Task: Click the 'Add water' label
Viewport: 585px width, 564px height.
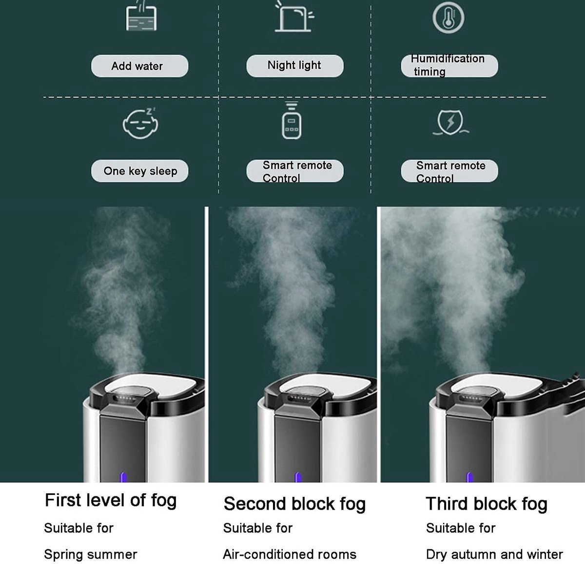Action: [137, 66]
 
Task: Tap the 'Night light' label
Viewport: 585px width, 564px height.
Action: [294, 65]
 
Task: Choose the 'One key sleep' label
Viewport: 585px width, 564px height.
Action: [140, 171]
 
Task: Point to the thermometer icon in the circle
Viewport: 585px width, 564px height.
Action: [448, 18]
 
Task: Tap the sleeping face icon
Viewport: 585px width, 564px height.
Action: [140, 123]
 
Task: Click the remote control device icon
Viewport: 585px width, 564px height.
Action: [292, 121]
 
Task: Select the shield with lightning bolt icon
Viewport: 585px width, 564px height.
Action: [450, 122]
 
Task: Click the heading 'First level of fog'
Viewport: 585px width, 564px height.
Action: [111, 501]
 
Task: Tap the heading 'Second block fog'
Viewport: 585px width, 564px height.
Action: [294, 504]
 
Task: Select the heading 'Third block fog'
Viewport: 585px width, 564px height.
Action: [487, 504]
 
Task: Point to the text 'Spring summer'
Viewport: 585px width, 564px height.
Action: [91, 554]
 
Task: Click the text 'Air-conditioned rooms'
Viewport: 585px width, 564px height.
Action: [290, 554]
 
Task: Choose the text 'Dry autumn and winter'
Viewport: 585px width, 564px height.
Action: [494, 554]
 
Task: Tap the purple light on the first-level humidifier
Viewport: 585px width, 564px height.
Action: [123, 477]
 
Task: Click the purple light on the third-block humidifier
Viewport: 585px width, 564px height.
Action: [469, 477]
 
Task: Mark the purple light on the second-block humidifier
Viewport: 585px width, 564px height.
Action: [297, 477]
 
